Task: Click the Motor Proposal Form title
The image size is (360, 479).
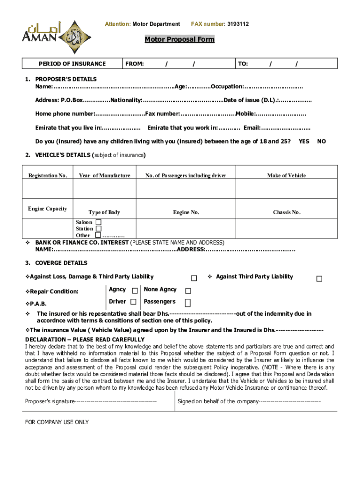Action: (x=179, y=39)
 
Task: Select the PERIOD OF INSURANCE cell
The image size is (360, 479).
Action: (x=72, y=64)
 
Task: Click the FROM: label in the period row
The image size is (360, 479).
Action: (x=134, y=64)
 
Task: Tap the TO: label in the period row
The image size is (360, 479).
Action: (x=243, y=64)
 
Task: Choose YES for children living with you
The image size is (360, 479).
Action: (x=304, y=141)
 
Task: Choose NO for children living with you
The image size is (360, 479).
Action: (x=322, y=141)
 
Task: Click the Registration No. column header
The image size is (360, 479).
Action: (x=48, y=175)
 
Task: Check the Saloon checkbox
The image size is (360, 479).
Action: (x=98, y=222)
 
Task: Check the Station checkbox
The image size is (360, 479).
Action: (x=98, y=229)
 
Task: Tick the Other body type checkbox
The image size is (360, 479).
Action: (x=98, y=235)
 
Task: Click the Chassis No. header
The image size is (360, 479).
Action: (x=286, y=212)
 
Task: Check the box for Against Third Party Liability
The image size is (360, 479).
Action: (x=319, y=279)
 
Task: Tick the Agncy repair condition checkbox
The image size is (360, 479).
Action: (x=135, y=290)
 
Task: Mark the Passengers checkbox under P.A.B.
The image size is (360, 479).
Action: (x=187, y=303)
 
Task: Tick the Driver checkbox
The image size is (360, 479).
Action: (x=134, y=302)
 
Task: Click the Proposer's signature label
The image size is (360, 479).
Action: (x=50, y=401)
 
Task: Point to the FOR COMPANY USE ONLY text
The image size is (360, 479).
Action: (x=57, y=422)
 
